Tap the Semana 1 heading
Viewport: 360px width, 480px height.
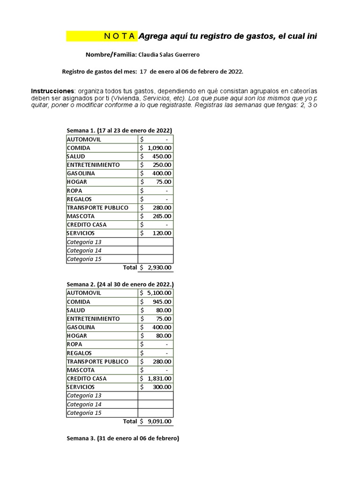(x=119, y=130)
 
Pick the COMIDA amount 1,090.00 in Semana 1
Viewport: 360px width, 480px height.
(x=159, y=148)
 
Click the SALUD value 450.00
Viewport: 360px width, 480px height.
(x=162, y=157)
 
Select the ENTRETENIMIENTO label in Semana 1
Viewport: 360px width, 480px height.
(x=93, y=165)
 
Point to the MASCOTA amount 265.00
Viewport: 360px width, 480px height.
(x=162, y=216)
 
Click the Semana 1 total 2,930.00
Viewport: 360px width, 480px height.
(x=159, y=268)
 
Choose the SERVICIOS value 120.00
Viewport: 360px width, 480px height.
(x=162, y=233)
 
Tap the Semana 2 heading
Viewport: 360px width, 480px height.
(x=120, y=285)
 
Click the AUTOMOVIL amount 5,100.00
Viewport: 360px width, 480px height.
(x=159, y=293)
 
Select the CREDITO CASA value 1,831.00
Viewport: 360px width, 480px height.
(x=159, y=378)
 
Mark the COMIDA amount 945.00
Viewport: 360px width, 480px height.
(x=162, y=302)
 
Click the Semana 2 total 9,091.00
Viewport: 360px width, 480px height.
(x=159, y=421)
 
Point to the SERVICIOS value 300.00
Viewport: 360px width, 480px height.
(x=162, y=387)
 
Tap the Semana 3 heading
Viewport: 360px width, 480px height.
(x=122, y=439)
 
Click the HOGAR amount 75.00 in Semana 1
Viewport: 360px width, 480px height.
(x=164, y=182)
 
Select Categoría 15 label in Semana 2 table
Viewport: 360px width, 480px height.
(x=84, y=413)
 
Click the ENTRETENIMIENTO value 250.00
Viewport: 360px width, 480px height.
(x=162, y=165)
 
